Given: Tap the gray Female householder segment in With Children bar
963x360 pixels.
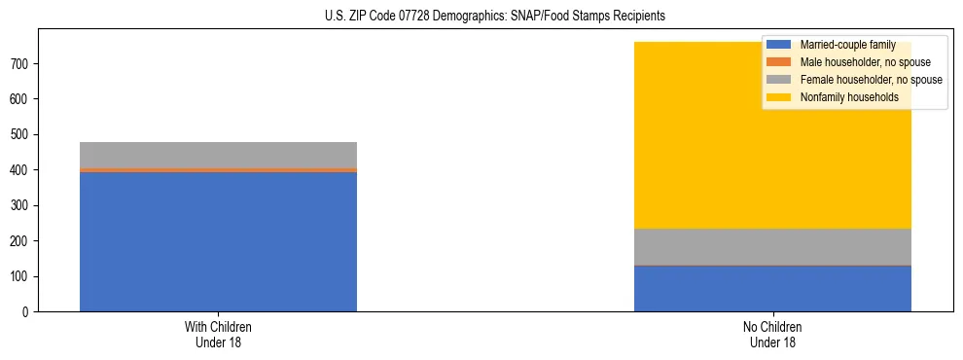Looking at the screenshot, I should click(218, 155).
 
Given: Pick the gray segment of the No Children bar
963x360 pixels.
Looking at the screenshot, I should click(772, 246).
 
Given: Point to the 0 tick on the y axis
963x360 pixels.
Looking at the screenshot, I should click(27, 312).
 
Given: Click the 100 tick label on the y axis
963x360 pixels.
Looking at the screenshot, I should click(21, 276).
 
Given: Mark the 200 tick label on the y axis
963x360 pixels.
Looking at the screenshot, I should click(21, 241).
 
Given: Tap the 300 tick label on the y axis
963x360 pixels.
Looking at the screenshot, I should click(21, 205).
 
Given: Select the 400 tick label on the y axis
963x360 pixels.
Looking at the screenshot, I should click(21, 170).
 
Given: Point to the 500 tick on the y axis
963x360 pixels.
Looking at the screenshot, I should click(21, 134).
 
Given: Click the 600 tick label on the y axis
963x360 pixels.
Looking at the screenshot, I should click(21, 99).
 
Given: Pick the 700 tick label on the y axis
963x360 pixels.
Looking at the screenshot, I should click(21, 64).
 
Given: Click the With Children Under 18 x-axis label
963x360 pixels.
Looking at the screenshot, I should click(218, 334).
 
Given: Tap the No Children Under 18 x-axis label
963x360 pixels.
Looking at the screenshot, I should click(772, 334).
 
